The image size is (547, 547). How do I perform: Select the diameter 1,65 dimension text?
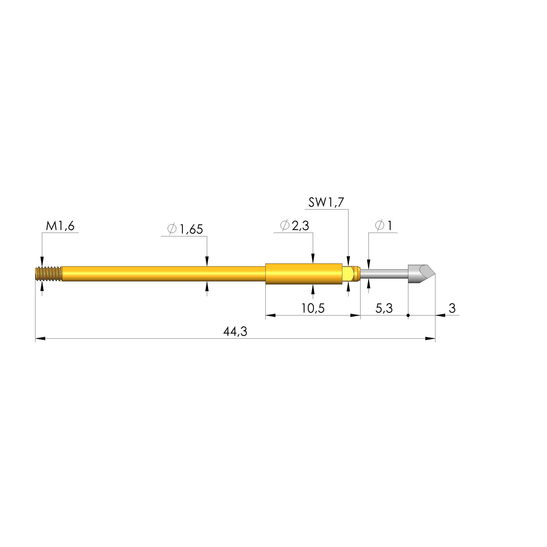point(185,229)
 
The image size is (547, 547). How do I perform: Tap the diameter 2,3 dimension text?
point(294,226)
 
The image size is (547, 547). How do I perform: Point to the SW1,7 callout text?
point(326,202)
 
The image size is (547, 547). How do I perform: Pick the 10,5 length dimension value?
point(313,308)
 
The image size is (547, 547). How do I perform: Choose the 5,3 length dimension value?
point(384,308)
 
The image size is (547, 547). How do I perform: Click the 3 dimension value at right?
point(452,308)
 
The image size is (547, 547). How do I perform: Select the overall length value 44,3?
point(235,331)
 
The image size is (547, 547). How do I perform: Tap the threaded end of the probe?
point(49,274)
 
